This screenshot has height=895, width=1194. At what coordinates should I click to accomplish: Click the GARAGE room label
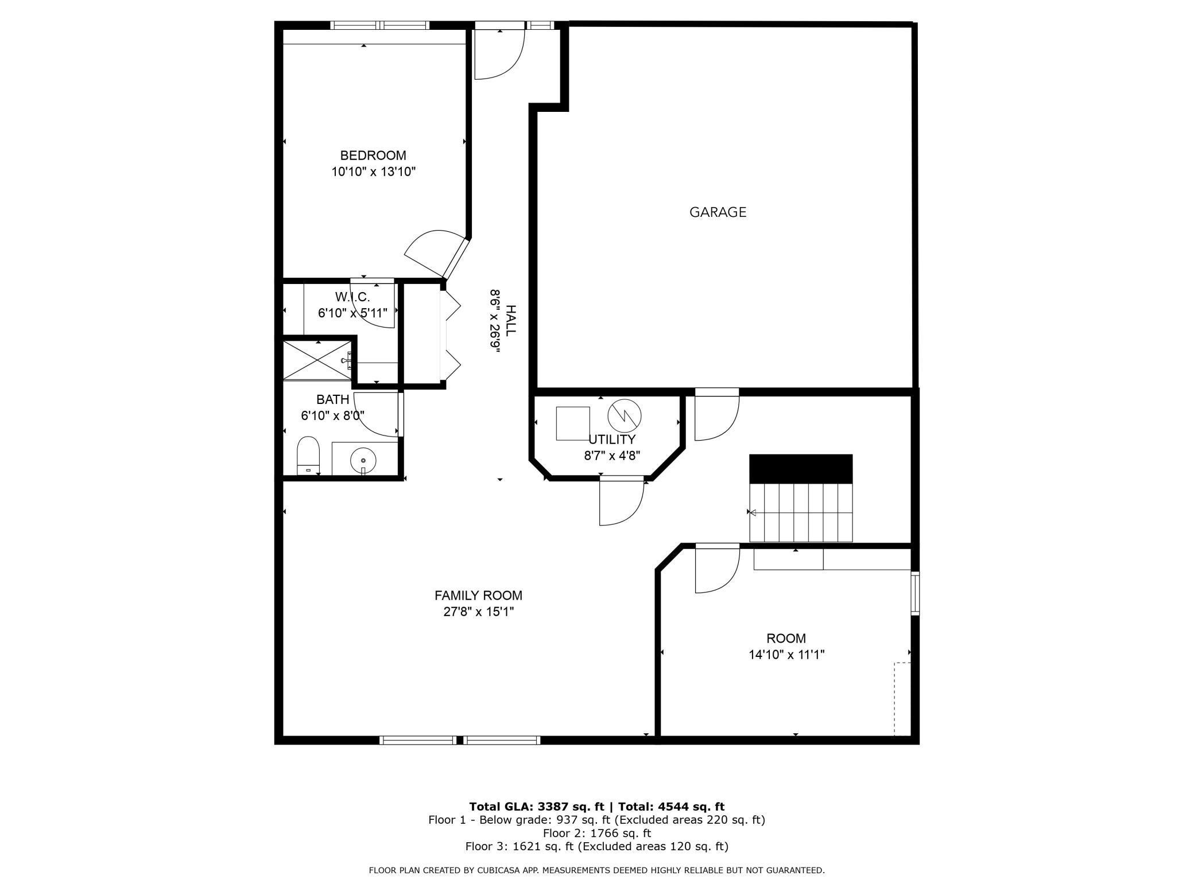tap(718, 212)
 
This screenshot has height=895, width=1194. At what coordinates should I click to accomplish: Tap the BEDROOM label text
tap(373, 155)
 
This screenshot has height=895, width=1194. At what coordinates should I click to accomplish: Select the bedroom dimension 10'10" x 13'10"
tap(373, 172)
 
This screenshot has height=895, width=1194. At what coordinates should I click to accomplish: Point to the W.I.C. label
tap(352, 297)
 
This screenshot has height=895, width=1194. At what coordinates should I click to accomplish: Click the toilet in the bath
tap(308, 455)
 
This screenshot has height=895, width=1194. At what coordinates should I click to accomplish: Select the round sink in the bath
tap(363, 460)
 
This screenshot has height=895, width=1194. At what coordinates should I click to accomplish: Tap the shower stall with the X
tap(317, 360)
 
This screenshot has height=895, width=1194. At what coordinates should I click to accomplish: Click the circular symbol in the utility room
tap(625, 415)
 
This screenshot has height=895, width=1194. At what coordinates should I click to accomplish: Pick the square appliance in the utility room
tap(572, 423)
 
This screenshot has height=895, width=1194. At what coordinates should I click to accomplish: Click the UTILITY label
tap(612, 439)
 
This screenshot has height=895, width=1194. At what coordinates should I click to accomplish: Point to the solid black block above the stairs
tap(801, 469)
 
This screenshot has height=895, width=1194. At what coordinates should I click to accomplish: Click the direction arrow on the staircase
tap(753, 512)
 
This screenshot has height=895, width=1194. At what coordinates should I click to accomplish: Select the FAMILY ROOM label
tap(478, 596)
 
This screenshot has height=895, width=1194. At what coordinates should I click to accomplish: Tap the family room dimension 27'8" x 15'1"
tap(478, 612)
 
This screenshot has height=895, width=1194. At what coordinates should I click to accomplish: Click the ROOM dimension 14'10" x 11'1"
tap(786, 655)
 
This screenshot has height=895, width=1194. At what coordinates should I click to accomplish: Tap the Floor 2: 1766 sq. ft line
tap(597, 833)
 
